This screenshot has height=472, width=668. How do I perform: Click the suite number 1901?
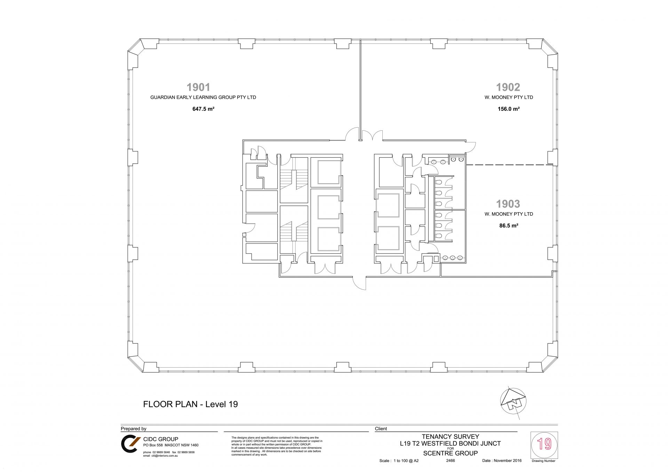198,87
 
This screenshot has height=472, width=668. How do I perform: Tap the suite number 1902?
508,87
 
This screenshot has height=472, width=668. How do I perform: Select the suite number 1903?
508,203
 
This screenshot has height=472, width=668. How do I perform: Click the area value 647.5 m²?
203,109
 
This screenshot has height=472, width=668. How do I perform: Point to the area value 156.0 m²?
509,109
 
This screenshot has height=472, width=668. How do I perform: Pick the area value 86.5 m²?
509,225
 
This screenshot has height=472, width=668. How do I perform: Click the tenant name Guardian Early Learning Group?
203,97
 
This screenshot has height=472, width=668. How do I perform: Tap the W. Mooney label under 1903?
509,214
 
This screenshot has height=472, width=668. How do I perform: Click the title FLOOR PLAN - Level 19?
191,404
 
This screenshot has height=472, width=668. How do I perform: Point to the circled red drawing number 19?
544,445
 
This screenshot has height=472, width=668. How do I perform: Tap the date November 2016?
502,461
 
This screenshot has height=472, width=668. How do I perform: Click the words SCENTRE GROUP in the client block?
450,453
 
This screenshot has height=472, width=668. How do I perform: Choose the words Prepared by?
134,429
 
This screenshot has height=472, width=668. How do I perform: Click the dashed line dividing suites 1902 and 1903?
509,165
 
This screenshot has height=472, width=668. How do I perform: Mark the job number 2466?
450,461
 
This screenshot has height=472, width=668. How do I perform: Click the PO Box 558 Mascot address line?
171,445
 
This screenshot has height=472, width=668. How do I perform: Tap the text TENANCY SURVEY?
450,437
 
